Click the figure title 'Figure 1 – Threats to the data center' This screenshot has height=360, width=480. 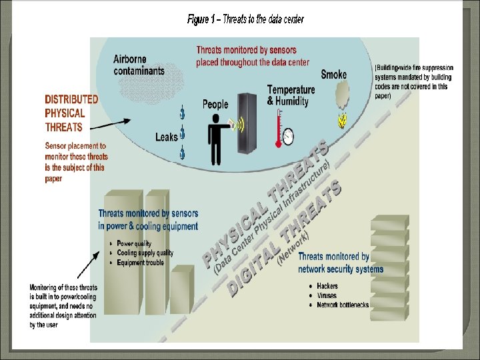245,19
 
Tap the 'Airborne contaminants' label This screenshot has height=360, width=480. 139,65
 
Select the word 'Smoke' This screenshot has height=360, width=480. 333,75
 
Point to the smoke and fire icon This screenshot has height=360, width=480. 343,107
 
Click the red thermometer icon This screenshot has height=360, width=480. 278,128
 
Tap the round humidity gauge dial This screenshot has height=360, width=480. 288,137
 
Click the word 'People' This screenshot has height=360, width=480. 215,105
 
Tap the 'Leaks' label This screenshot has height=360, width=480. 167,137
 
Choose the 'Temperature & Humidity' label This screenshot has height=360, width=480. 291,95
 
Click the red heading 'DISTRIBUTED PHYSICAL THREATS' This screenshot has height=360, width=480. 71,113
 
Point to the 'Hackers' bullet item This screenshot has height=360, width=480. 327,286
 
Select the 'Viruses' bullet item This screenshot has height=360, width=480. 327,295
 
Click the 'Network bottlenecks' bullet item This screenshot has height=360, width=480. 343,305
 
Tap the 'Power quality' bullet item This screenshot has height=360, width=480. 134,244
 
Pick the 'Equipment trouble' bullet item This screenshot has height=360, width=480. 140,263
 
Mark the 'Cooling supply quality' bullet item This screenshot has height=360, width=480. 145,253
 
